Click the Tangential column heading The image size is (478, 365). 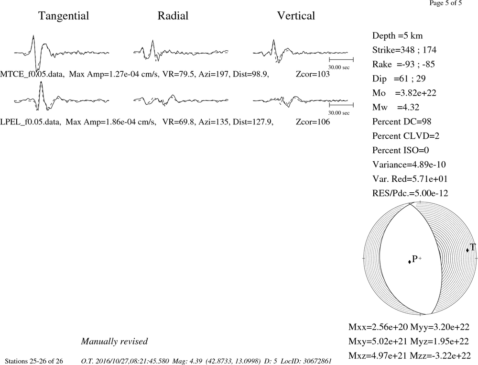coord(64,16)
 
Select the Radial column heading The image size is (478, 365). coord(173,16)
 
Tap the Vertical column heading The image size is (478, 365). coord(296,16)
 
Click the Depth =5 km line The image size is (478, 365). coord(398,36)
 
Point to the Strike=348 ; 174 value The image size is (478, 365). coord(404,50)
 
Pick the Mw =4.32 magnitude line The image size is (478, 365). coord(396,108)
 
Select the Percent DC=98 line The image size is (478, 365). coord(402,122)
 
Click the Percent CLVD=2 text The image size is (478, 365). coord(406,136)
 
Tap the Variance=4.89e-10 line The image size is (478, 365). coord(409,165)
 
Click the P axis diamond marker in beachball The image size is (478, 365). coord(410,262)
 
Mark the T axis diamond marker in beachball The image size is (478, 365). coord(467,250)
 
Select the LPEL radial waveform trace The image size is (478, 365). coord(181,100)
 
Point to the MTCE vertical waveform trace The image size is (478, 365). coord(300,52)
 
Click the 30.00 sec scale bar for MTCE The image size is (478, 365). coord(341,59)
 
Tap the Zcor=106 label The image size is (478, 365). coord(313,122)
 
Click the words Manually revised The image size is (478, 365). coord(114,341)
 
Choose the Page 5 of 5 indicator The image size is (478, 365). coord(445,3)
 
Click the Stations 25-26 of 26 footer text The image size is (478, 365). coord(34,361)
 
